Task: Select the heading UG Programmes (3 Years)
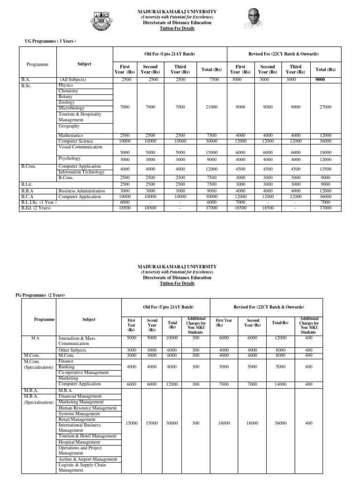point(50,41)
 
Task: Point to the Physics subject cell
point(66,85)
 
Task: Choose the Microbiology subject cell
point(71,108)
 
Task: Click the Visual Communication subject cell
point(80,147)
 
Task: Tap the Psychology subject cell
point(69,158)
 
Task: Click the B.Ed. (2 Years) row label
point(36,208)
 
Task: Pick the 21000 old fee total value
point(211,107)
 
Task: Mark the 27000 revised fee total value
point(325,107)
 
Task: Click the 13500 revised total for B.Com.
point(325,169)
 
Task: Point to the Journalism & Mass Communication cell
point(79,340)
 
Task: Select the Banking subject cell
point(67,367)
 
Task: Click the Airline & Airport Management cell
point(87,459)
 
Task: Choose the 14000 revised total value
point(280,384)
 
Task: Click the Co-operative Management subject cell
point(83,373)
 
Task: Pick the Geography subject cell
point(69,126)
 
